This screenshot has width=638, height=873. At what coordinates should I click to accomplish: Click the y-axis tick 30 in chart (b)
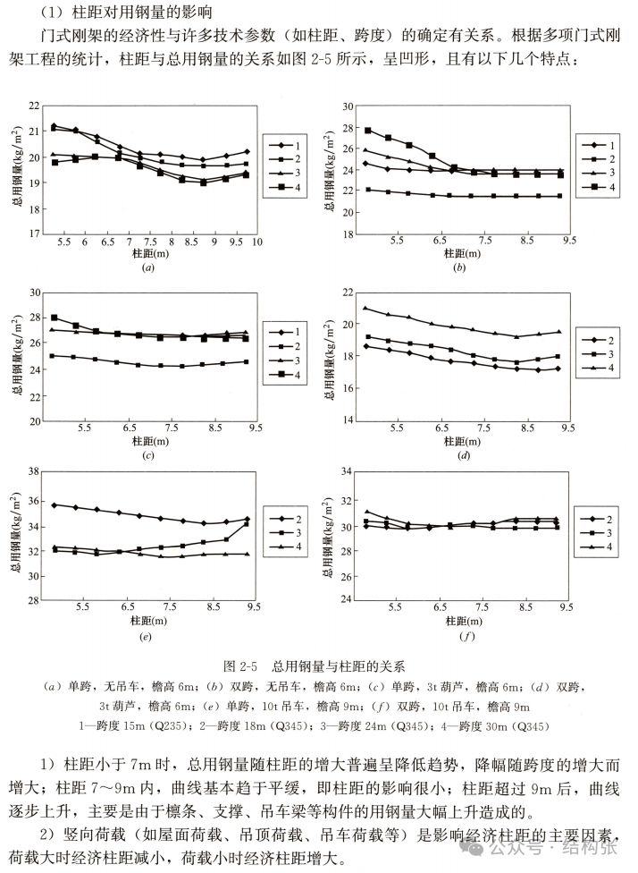click(x=348, y=106)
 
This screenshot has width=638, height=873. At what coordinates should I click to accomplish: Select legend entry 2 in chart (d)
click(x=600, y=340)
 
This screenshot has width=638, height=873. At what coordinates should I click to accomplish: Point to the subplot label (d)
click(x=463, y=456)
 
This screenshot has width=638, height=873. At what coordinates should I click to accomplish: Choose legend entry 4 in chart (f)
click(x=600, y=548)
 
